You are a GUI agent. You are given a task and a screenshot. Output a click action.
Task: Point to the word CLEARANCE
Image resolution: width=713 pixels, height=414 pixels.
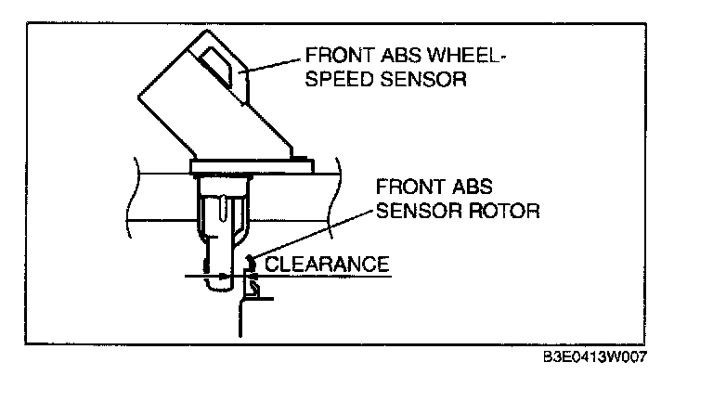[x=326, y=264]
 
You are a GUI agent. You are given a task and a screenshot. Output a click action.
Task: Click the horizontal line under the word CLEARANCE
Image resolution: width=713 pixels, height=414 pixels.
[x=325, y=276]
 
